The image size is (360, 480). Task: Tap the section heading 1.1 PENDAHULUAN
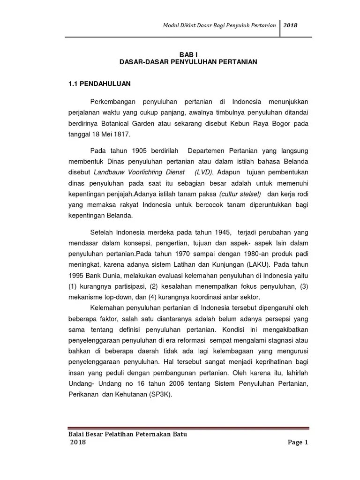tap(99, 84)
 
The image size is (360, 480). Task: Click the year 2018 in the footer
tap(78, 442)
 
